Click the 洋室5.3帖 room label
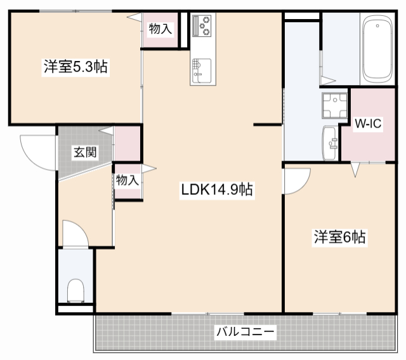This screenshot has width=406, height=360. [75, 66]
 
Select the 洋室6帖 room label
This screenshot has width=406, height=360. [339, 237]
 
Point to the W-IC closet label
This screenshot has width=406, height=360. [367, 124]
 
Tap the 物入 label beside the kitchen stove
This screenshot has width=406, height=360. [160, 28]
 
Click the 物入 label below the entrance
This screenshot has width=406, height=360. [127, 180]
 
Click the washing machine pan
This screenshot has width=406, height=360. [334, 107]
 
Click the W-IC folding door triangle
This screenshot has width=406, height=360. [356, 169]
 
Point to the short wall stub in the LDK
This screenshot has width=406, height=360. [268, 125]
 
